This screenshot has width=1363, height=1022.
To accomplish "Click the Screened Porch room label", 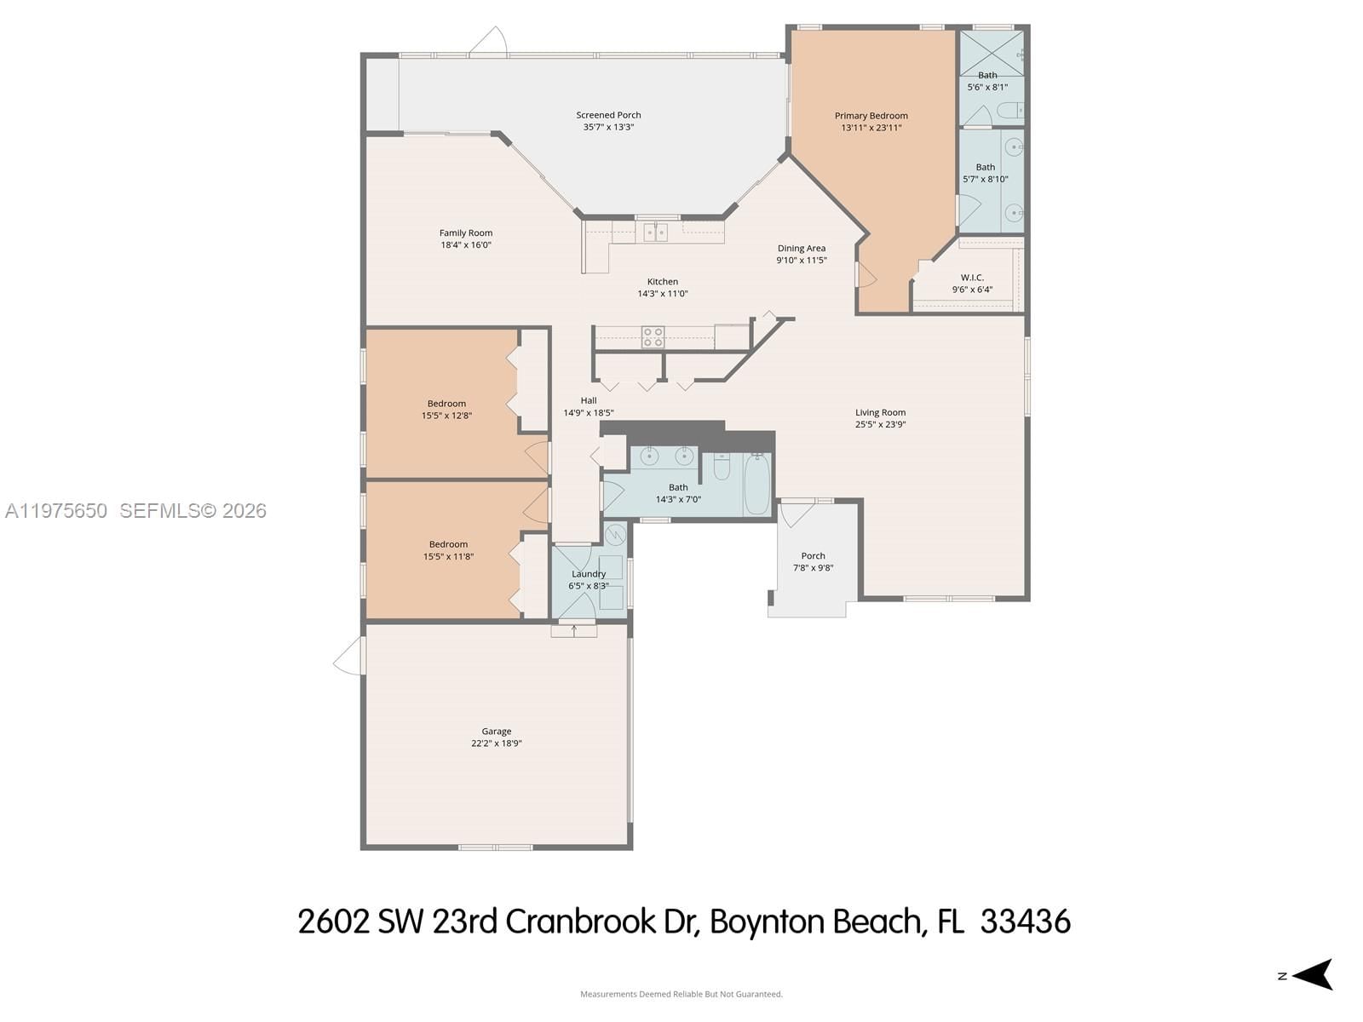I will click(608, 115).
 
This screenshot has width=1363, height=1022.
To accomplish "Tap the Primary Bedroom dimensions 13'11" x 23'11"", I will click(871, 128).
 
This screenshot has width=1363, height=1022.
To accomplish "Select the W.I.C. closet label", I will click(972, 278).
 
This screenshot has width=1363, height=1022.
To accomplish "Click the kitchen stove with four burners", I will click(653, 337).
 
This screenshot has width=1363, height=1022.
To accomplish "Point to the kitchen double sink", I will click(655, 232).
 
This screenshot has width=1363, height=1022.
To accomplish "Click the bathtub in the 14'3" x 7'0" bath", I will click(756, 485).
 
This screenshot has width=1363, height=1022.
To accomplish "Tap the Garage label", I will click(497, 731).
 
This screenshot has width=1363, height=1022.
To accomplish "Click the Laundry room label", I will click(589, 574).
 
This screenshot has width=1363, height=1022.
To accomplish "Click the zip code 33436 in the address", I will click(1025, 922).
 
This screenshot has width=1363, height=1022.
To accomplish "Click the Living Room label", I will click(880, 412).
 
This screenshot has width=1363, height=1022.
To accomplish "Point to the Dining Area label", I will click(801, 249).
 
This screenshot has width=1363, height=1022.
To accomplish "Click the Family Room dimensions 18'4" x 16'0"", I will click(466, 245).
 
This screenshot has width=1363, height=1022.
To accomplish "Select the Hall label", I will click(589, 400).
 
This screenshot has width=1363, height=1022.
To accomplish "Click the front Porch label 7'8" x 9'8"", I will click(813, 556).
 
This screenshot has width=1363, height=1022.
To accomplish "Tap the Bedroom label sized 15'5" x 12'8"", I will click(446, 404).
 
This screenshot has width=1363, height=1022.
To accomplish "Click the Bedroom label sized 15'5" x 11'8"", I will click(448, 544).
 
